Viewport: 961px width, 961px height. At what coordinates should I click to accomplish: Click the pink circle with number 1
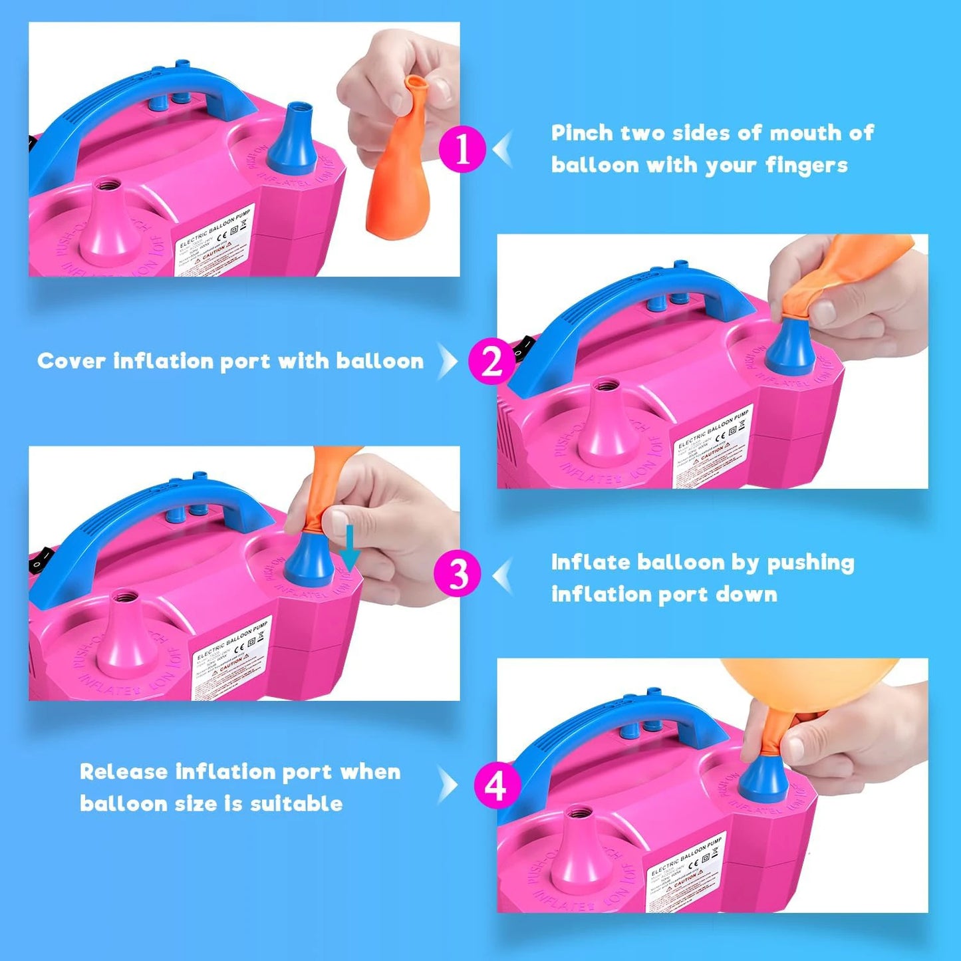(462, 149)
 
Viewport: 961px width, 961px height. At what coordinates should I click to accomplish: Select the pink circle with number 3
(457, 573)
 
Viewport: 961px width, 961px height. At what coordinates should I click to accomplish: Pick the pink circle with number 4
(497, 785)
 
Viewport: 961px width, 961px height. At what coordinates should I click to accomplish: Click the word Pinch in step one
(582, 133)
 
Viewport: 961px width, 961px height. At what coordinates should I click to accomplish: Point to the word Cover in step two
(71, 361)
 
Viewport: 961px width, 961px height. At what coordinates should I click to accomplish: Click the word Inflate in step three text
(590, 563)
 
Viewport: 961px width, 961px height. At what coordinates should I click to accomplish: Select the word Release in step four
(123, 772)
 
